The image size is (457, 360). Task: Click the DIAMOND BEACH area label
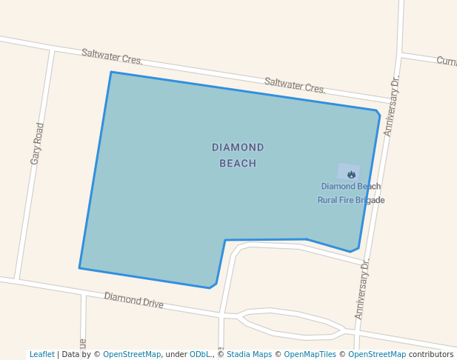(238, 155)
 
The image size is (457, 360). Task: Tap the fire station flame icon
(351, 174)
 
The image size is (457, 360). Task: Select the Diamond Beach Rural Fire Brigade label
(351, 193)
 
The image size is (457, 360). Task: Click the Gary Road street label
(37, 144)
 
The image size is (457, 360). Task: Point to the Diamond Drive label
(133, 299)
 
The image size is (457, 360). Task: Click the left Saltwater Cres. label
(112, 56)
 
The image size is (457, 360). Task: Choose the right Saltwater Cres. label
(295, 85)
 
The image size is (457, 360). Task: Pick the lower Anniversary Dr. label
(362, 289)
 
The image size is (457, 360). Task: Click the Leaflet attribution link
(42, 355)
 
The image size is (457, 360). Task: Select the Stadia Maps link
(249, 355)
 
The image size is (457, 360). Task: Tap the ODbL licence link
(199, 355)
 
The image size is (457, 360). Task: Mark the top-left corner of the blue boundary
(111, 72)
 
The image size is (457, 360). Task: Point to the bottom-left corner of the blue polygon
(79, 268)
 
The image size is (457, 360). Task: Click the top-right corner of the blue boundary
(377, 111)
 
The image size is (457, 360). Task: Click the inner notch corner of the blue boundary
(225, 240)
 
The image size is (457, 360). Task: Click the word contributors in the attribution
(431, 355)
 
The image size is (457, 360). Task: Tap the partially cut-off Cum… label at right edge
(447, 61)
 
